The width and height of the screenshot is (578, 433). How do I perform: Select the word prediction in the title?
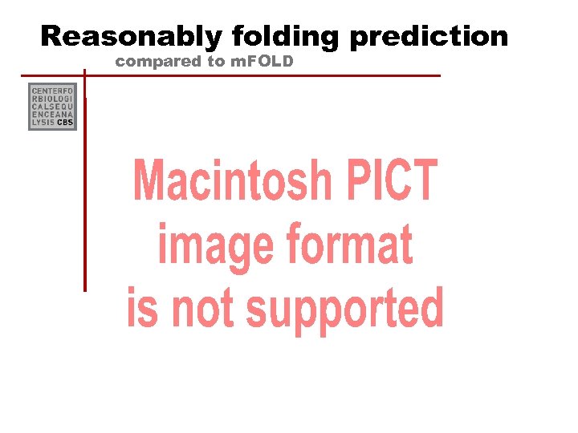tap(429, 36)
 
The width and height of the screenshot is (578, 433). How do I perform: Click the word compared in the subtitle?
tap(157, 61)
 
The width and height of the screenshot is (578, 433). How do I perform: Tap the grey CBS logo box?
tap(52, 107)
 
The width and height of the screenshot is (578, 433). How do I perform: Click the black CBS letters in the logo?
tap(65, 123)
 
